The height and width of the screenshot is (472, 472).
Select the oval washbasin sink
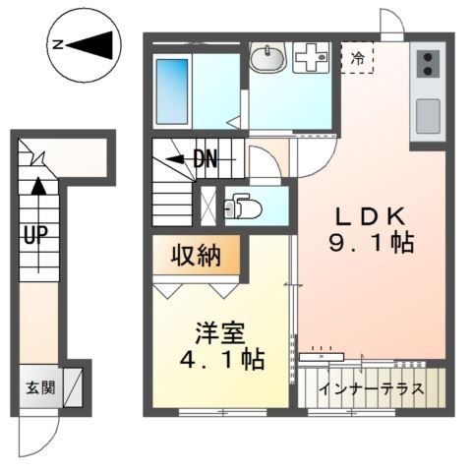pos(265,59)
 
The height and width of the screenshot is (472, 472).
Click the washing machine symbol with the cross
pos(313,59)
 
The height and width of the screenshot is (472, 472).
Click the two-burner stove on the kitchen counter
pos(430,64)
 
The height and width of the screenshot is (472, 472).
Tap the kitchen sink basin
pos(429,116)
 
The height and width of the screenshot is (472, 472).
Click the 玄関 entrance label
pos(40,386)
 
